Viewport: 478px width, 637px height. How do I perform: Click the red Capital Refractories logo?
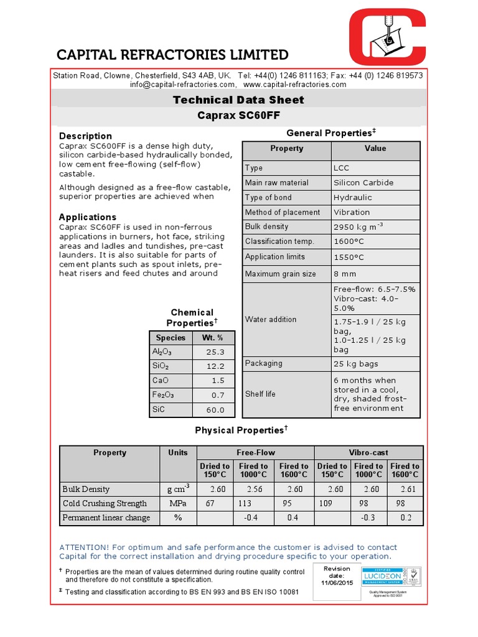click(x=387, y=43)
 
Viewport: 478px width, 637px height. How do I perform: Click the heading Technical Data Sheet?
click(x=238, y=100)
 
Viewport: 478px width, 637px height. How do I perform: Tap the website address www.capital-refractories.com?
click(x=294, y=85)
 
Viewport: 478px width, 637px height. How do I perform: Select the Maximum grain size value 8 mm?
click(x=345, y=274)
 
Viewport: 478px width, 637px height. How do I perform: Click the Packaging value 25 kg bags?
click(x=355, y=364)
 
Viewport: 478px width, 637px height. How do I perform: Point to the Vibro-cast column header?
click(x=369, y=453)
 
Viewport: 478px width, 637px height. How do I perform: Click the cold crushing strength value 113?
click(x=246, y=503)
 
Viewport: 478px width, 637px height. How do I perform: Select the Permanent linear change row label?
click(x=106, y=518)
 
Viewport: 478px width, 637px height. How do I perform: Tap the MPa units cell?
click(x=177, y=503)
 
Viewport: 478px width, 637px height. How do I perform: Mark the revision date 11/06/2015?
click(x=337, y=582)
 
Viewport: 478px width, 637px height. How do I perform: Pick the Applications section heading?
click(x=87, y=217)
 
